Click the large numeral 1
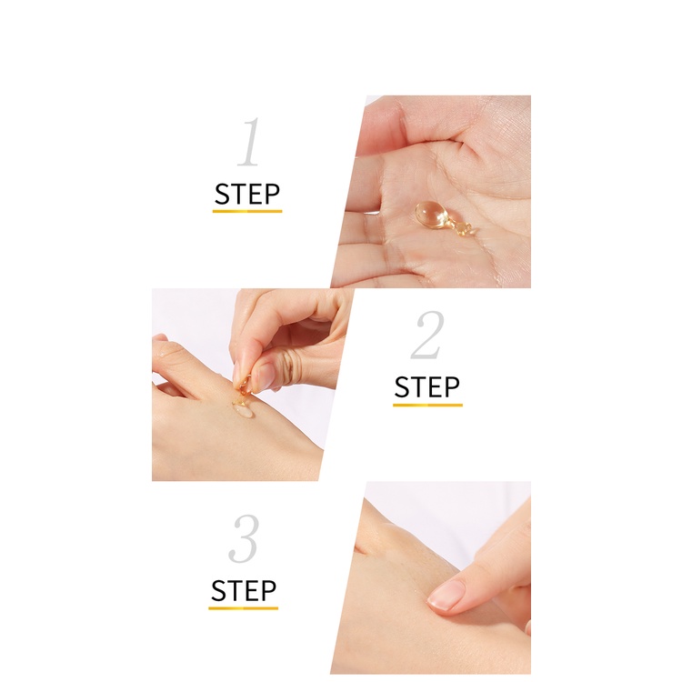click(250, 142)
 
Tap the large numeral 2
click(428, 335)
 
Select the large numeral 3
click(244, 538)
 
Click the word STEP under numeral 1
click(247, 195)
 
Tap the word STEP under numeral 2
click(427, 387)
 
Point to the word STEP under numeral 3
click(243, 591)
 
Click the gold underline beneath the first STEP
click(247, 211)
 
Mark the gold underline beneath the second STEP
click(427, 405)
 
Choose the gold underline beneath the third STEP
click(243, 608)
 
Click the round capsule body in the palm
click(430, 214)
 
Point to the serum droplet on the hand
click(243, 410)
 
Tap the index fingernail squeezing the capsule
click(238, 373)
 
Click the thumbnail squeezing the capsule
click(264, 376)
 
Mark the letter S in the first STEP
click(222, 195)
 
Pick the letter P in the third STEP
click(268, 591)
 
